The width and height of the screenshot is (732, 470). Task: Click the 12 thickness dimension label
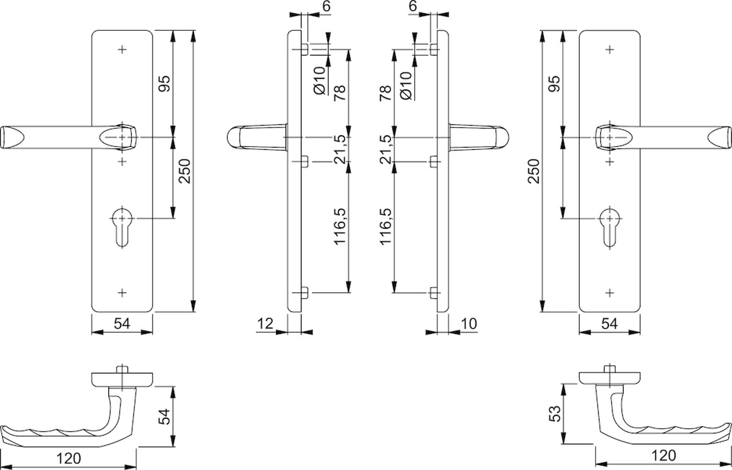click(x=265, y=324)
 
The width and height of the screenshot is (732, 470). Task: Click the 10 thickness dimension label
click(x=469, y=324)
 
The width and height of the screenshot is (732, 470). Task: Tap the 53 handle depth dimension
click(x=555, y=414)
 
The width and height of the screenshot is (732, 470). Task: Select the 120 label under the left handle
click(x=68, y=459)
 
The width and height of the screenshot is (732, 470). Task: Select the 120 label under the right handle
click(x=664, y=455)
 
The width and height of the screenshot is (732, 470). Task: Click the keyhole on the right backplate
click(x=610, y=227)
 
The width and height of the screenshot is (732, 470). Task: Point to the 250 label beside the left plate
click(x=185, y=171)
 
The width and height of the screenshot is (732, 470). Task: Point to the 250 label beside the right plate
click(x=533, y=171)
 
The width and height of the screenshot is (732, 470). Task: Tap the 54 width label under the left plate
click(x=122, y=324)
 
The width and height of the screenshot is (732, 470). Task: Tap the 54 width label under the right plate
click(x=610, y=324)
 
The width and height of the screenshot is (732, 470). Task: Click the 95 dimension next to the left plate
click(x=164, y=84)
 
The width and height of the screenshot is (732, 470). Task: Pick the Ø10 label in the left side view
click(x=319, y=80)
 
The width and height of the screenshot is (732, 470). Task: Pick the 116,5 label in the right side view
click(x=386, y=226)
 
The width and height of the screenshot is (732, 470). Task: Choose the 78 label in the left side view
click(x=340, y=93)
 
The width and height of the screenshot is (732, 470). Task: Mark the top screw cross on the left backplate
click(x=122, y=50)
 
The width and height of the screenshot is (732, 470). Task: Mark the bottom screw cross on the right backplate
click(x=610, y=293)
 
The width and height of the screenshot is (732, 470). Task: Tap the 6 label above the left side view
click(x=326, y=6)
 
